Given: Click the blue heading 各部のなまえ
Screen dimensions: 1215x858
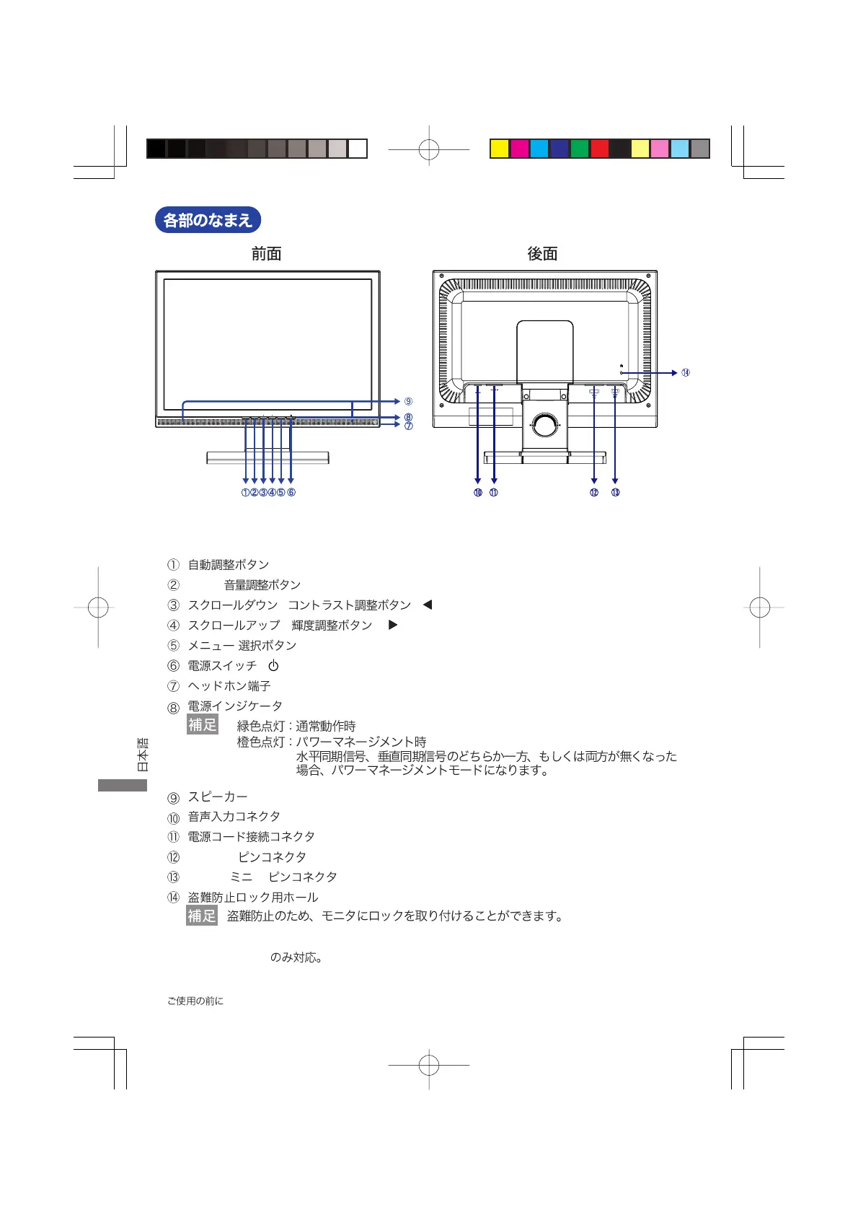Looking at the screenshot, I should pos(208,220).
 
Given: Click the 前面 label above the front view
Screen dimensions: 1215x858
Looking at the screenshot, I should pos(266,254).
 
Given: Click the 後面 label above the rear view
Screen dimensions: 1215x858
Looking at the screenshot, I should pos(542,254).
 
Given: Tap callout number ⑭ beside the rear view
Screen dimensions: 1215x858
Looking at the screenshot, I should pos(685,373).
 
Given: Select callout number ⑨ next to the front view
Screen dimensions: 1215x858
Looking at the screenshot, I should pos(408,402).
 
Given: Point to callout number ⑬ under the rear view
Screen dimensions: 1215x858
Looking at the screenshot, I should pos(615,493).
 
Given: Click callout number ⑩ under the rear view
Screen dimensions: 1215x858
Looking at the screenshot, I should pos(477,493).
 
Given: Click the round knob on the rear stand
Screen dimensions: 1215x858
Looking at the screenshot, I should pos(546,424).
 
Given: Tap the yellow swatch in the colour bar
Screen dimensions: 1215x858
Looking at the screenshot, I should pos(500,149).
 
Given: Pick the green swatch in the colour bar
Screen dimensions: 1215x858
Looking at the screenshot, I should pos(580,149).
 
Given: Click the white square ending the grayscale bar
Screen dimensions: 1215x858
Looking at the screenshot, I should pos(358,149).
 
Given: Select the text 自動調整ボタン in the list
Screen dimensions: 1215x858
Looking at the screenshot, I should pos(229,565).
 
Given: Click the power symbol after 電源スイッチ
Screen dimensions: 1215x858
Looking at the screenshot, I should pos(273,666).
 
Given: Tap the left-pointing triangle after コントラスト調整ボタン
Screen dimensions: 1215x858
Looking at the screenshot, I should pos(428,605).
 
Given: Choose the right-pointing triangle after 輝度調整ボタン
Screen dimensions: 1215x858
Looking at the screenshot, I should pos(393,625).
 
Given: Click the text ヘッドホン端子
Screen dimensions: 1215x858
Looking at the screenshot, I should pos(229,686).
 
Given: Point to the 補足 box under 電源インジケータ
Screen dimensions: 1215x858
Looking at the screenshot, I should pos(202,724).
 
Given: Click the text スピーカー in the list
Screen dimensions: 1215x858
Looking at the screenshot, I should pos(218,797).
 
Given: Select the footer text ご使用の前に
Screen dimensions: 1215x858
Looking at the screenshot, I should pos(195,1001).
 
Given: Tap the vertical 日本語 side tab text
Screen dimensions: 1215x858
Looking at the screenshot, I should pos(143,755).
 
